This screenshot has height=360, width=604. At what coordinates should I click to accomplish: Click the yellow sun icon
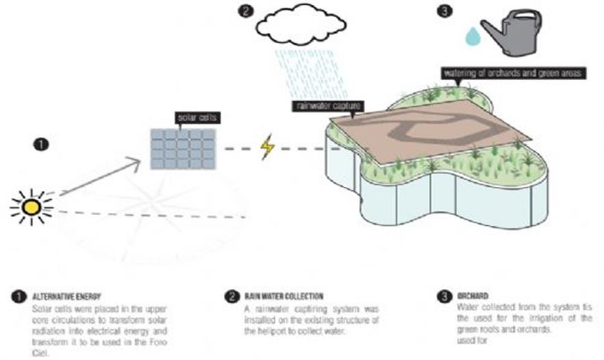pos(32,205)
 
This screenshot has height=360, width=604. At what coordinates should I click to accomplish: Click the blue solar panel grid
pos(183,149)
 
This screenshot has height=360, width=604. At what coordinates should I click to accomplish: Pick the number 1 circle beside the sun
pos(42,144)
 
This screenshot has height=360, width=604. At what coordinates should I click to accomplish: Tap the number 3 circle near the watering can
pos(444,10)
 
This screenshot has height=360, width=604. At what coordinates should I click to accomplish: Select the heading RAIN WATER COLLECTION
pos(282,296)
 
